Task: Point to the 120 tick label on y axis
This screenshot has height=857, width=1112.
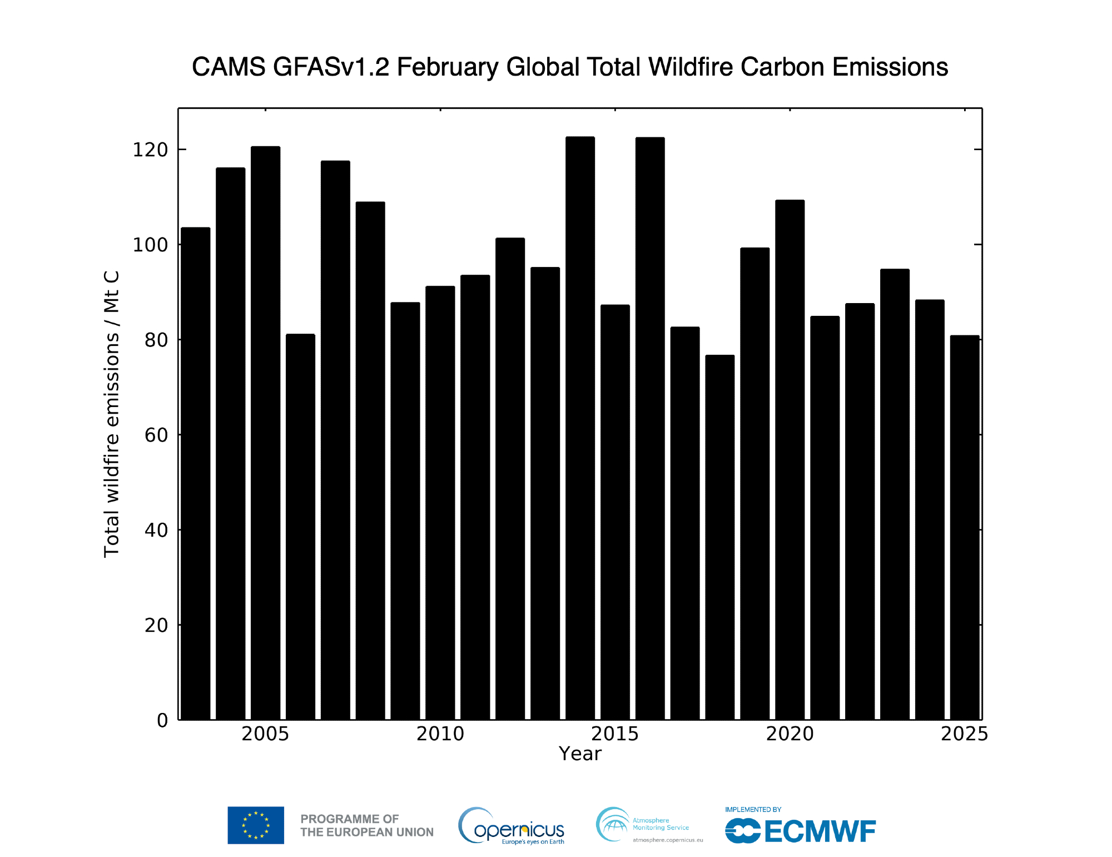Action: (x=150, y=150)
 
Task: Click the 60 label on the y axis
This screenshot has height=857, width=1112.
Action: (x=156, y=435)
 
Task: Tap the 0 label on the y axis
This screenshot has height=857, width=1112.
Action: (x=162, y=720)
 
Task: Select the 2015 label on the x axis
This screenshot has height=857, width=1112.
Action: (x=614, y=734)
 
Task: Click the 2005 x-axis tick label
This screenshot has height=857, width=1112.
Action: (x=265, y=734)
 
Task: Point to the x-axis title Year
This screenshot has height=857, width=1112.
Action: (x=580, y=754)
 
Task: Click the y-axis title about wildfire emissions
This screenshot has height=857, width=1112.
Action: (x=112, y=414)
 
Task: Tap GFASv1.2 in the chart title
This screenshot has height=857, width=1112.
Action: (x=331, y=67)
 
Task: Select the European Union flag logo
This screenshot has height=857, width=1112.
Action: (x=256, y=825)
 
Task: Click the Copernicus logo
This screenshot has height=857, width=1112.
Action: (x=511, y=826)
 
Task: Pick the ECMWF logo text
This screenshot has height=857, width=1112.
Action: (x=820, y=831)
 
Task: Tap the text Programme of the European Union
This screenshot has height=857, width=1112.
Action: (x=366, y=825)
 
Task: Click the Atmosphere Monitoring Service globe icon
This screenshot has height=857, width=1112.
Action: (x=612, y=824)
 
